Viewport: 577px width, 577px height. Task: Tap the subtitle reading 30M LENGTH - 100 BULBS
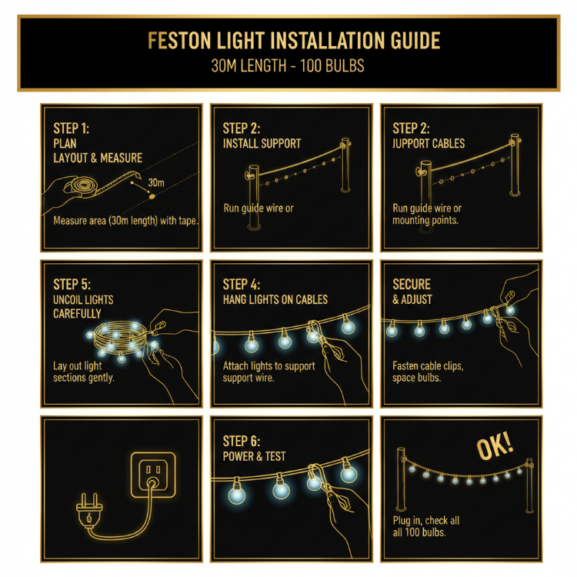coord(288,67)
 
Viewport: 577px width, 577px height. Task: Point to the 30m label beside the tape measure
coord(156,182)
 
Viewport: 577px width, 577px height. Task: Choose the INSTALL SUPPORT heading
coord(262,143)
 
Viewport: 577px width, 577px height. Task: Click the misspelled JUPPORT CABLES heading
coord(429,143)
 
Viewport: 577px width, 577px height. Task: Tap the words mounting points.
coord(425,220)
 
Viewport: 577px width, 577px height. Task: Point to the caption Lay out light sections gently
coord(84,372)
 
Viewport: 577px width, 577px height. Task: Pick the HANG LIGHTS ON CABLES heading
coord(275,299)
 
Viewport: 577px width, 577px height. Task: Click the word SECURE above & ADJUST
coord(412,284)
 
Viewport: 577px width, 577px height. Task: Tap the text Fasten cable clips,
coord(428,366)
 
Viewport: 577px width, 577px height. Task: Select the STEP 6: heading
coord(242,441)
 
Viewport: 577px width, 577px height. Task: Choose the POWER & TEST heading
coord(254,456)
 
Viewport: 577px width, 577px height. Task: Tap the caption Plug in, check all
coord(426,521)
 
